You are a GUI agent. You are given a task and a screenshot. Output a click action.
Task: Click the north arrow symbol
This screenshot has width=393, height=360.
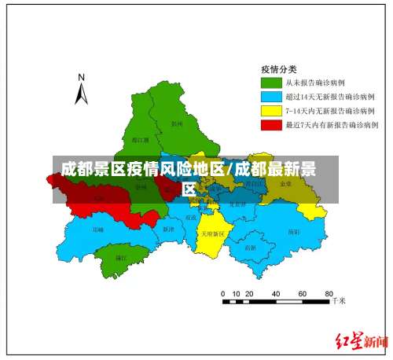81,94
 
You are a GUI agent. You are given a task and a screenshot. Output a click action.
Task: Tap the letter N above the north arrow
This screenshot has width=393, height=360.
81,78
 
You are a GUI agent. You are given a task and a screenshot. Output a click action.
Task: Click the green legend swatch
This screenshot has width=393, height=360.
271,82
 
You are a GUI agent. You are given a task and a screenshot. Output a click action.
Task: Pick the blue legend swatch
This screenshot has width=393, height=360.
271,96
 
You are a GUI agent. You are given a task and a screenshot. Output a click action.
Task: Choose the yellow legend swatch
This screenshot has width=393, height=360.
271,110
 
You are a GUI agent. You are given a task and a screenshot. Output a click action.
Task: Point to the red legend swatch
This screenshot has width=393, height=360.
271,124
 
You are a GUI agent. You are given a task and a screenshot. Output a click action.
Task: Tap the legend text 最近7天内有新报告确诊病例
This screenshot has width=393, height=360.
331,124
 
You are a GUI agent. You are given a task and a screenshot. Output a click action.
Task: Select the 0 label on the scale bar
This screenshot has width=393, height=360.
224,292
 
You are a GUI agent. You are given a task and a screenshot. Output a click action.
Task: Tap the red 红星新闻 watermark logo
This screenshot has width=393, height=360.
362,341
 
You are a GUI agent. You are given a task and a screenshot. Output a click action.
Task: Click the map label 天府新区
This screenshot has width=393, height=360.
212,233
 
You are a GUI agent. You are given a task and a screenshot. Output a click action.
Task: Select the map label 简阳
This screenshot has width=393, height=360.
293,232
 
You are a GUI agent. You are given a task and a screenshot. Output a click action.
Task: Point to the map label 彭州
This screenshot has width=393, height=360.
177,123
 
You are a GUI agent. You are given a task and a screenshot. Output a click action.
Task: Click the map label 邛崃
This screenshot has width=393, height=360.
97,230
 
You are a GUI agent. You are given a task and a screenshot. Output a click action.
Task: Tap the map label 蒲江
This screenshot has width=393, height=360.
120,257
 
